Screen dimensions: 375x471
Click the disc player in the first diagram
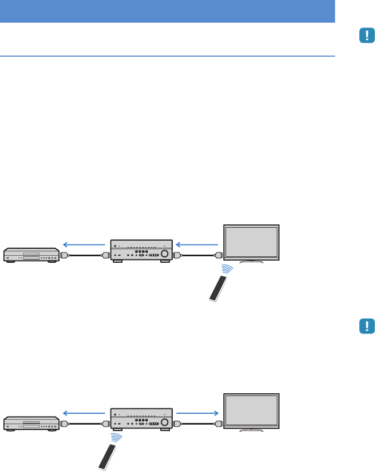click(31, 255)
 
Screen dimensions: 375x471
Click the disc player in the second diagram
click(31, 423)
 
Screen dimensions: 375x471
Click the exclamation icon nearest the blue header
click(367, 36)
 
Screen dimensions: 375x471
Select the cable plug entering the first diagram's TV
click(219, 255)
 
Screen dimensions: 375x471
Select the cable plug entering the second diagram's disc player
click(64, 423)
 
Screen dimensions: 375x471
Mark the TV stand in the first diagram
click(251, 261)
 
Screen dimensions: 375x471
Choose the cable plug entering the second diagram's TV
click(219, 423)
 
